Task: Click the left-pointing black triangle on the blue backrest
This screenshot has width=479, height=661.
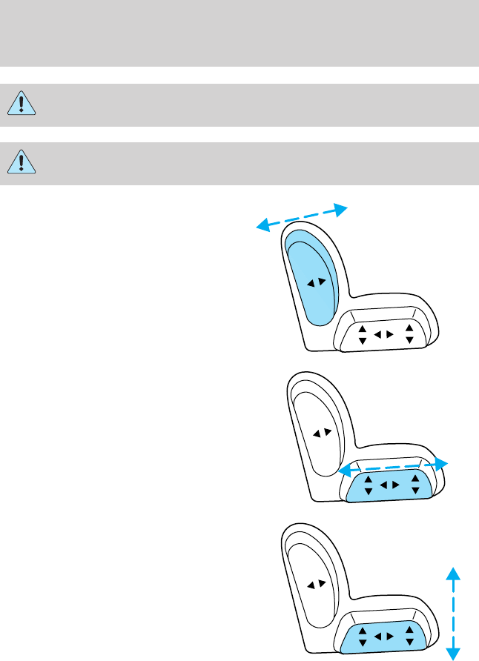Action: (312, 282)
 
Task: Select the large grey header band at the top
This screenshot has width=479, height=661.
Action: (239, 33)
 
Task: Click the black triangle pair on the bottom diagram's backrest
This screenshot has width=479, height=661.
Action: (316, 584)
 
